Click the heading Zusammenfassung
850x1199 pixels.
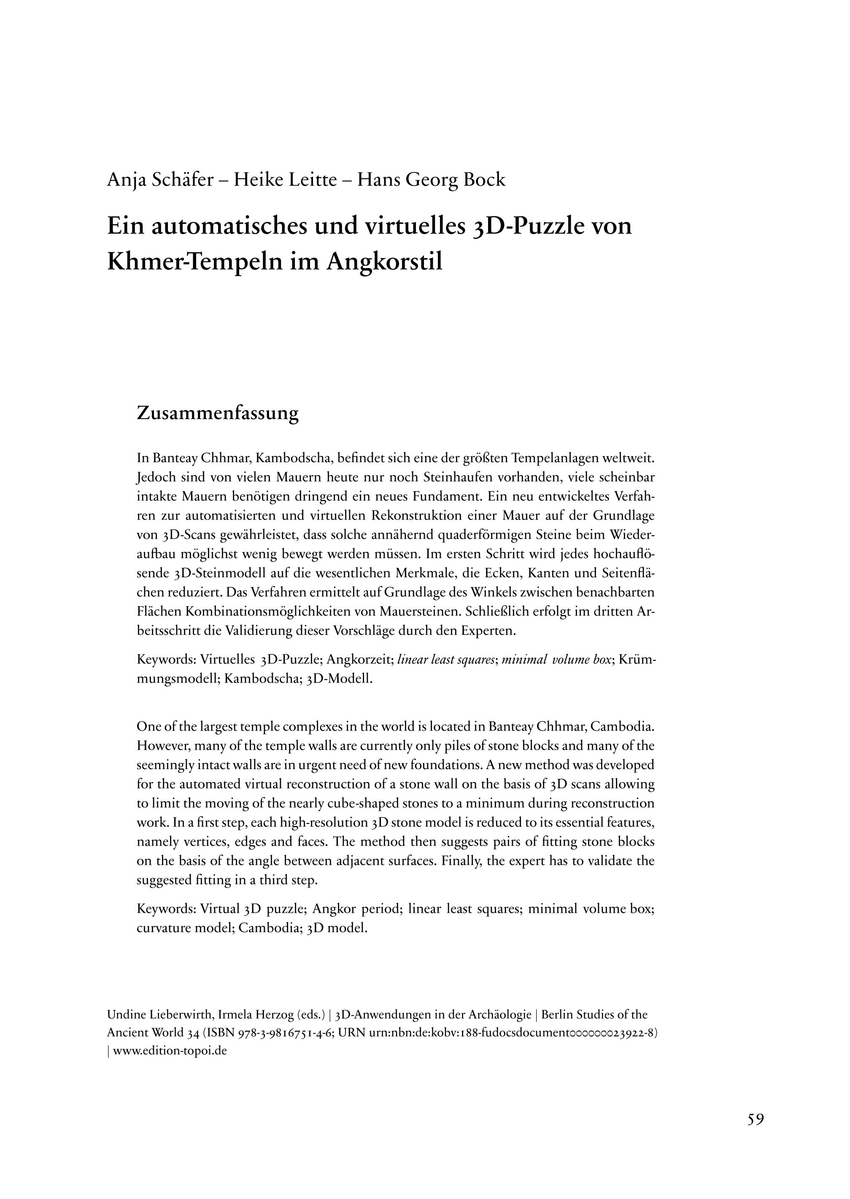(217, 413)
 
